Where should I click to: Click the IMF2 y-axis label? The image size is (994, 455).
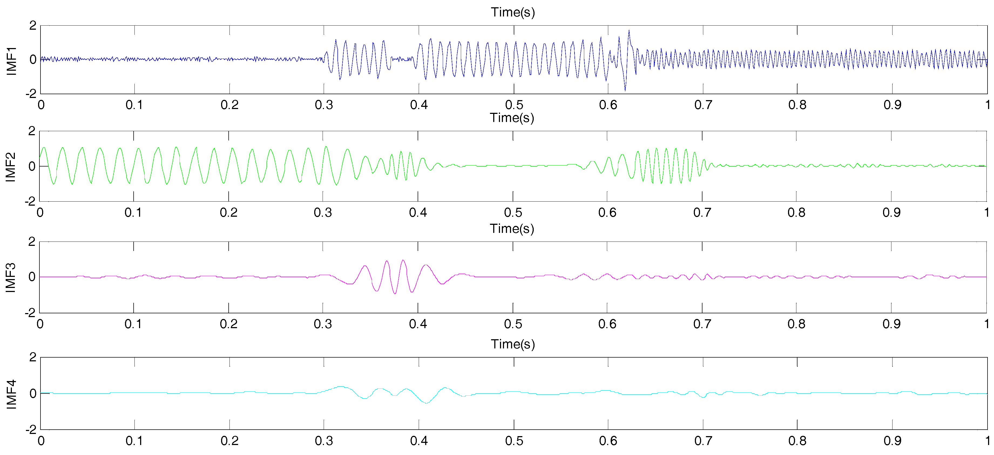(x=11, y=167)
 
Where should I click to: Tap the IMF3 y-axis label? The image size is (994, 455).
(x=11, y=278)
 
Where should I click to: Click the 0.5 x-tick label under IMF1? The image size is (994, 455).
(x=514, y=105)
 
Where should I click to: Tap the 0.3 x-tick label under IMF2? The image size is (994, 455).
(x=323, y=212)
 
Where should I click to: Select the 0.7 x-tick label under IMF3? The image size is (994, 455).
(x=702, y=324)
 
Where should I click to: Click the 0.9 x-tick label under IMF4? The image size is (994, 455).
(x=892, y=441)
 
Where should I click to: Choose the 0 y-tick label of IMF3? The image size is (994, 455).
(x=32, y=277)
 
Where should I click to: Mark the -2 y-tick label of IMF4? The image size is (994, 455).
(x=31, y=430)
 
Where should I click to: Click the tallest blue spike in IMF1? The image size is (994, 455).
(x=629, y=30)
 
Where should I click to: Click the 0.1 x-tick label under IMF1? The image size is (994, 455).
(x=134, y=105)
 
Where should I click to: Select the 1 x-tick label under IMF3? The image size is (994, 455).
(x=986, y=324)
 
